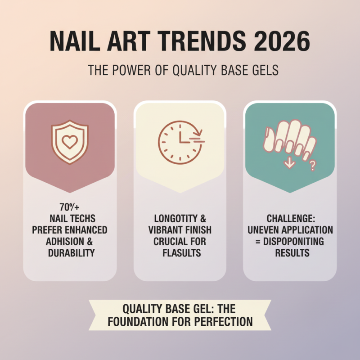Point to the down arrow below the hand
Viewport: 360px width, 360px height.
289,162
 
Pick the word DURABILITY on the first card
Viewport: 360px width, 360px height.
71,253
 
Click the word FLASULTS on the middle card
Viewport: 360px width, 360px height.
180,253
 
